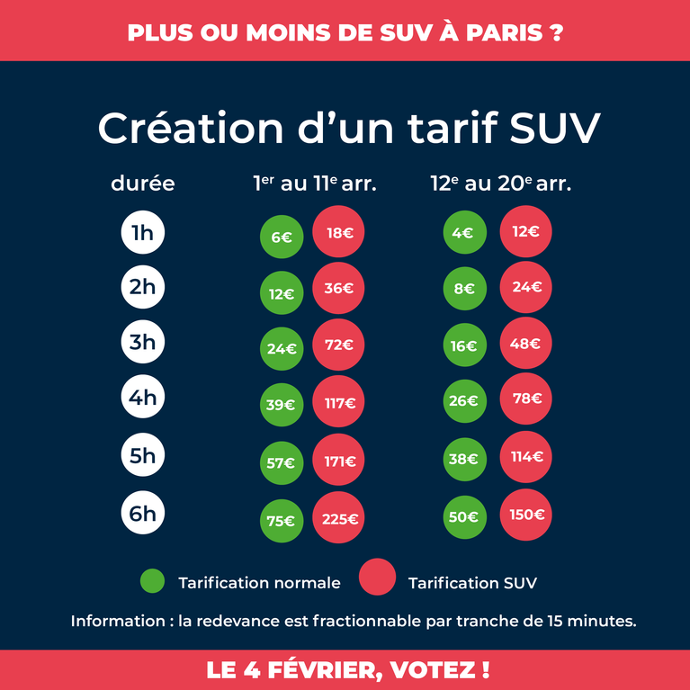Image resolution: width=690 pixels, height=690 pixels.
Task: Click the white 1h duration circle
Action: point(143,232)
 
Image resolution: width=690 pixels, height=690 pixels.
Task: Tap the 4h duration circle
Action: point(143,397)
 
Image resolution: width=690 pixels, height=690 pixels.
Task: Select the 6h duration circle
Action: point(143,513)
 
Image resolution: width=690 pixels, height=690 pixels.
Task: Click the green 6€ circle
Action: point(282,237)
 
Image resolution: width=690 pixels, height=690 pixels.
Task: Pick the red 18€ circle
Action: point(338,231)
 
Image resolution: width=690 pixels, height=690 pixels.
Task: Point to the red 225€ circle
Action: point(338,517)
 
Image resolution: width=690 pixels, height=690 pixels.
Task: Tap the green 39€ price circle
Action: point(282,405)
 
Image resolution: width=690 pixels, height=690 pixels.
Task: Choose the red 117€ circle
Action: point(338,401)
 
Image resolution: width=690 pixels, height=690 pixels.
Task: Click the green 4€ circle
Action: point(465,232)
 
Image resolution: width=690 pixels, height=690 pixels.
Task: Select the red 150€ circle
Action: point(526,515)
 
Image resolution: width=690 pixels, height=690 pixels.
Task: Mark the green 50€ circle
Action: point(465,517)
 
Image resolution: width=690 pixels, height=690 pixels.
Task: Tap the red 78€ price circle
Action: point(526,399)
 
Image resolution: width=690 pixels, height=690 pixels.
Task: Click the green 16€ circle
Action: point(465,345)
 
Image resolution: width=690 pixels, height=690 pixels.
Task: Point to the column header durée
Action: point(143,183)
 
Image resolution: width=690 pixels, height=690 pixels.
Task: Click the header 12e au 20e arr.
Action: point(501,183)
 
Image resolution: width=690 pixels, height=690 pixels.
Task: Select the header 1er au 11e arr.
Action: point(315,183)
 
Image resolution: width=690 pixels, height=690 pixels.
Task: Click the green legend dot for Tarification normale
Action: point(152,581)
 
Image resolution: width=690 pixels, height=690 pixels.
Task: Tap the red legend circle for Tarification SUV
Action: point(377,577)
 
